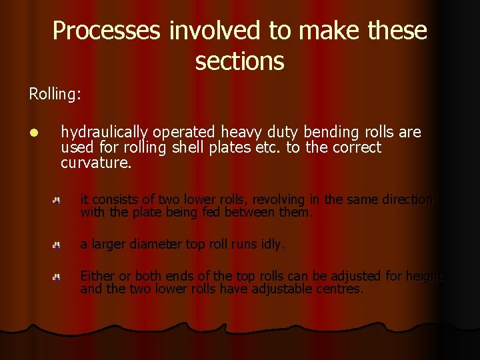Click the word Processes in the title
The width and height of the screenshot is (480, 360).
(107, 31)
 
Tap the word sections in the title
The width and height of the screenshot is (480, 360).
(240, 61)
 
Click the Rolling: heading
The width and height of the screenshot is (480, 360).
(55, 94)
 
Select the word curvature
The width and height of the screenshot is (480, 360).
(96, 163)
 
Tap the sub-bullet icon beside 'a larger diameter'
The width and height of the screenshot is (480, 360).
(58, 245)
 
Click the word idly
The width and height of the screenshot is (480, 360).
(272, 244)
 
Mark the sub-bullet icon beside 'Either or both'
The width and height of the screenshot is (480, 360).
(58, 277)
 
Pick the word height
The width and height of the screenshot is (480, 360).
(424, 276)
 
